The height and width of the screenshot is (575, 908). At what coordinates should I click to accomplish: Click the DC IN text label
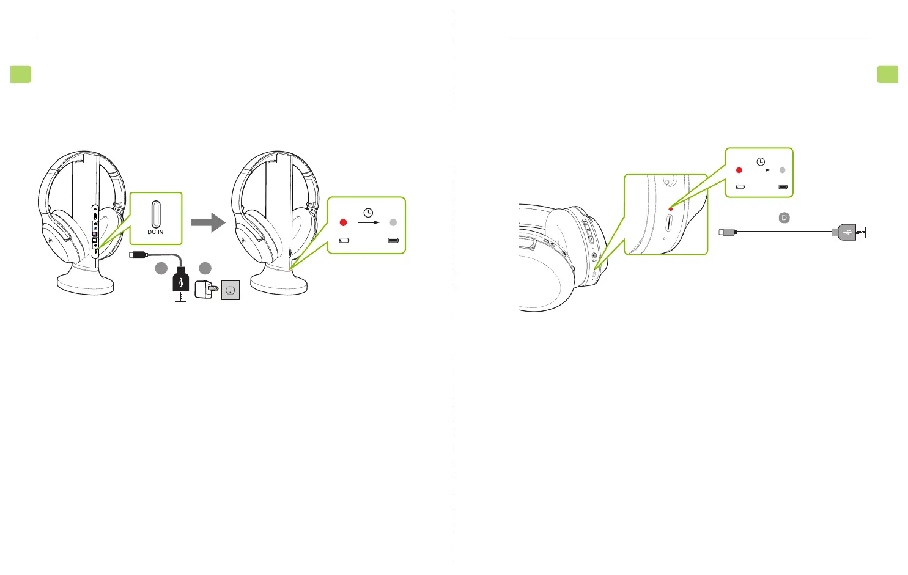click(155, 232)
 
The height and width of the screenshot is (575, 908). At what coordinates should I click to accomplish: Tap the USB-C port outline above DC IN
click(156, 214)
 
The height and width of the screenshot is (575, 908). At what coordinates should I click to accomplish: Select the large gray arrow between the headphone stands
click(208, 222)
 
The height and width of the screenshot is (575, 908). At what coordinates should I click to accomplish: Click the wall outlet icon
click(231, 290)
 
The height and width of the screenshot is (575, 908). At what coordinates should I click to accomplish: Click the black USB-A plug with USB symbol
click(181, 283)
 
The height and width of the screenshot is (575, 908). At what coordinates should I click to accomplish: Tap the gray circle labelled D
click(784, 218)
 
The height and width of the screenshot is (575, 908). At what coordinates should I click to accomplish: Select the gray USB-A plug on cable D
click(845, 232)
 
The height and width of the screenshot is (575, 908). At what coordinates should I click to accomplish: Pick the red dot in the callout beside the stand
click(343, 222)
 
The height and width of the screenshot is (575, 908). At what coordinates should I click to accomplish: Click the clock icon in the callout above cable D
click(761, 162)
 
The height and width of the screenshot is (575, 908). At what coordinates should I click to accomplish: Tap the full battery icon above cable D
click(783, 186)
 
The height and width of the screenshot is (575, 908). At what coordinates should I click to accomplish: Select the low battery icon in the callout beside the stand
click(344, 240)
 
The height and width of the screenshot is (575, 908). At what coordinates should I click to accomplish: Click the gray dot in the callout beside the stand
click(393, 222)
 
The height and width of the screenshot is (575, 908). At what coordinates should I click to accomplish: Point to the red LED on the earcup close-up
click(671, 209)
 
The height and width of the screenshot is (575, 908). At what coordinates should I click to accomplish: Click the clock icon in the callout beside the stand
click(368, 213)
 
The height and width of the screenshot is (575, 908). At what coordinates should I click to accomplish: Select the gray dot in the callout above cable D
click(783, 170)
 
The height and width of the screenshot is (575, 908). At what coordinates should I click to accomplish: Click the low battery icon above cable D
click(740, 186)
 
